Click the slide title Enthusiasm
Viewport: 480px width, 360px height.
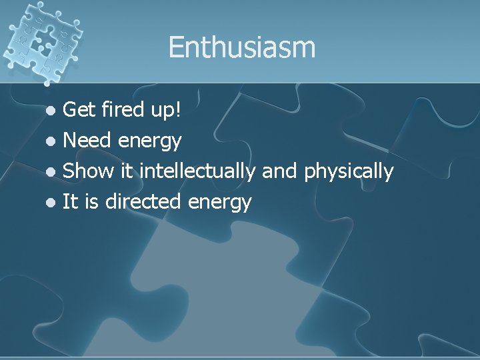(x=241, y=48)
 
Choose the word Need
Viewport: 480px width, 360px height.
(x=88, y=141)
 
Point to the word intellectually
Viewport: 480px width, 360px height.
(x=198, y=171)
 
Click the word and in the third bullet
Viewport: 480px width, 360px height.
(x=280, y=171)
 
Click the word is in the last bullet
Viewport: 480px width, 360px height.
(x=93, y=202)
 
